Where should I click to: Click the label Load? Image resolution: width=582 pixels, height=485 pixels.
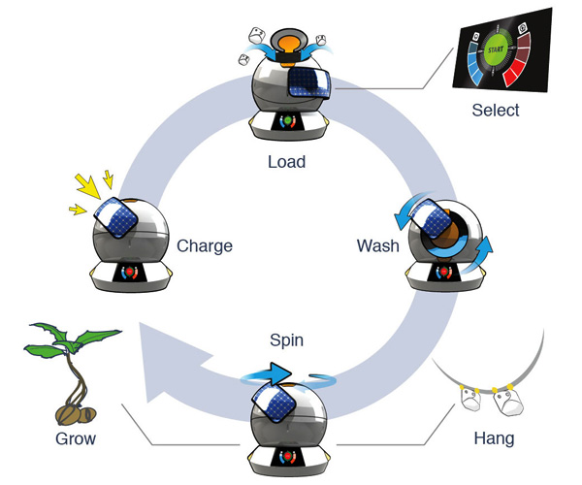pyautogui.click(x=286, y=161)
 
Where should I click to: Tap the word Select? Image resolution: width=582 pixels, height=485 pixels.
pyautogui.click(x=495, y=110)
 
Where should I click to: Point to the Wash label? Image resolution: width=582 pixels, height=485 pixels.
pyautogui.click(x=377, y=246)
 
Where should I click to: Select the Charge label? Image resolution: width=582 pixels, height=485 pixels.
pyautogui.click(x=205, y=246)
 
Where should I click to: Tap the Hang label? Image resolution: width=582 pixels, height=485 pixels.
pyautogui.click(x=495, y=438)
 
